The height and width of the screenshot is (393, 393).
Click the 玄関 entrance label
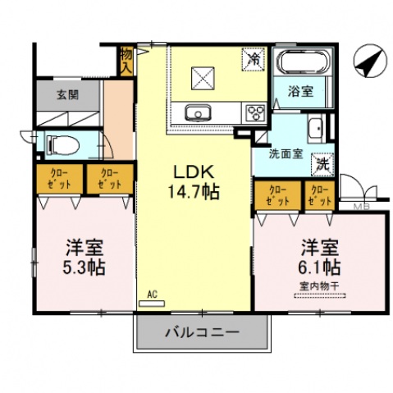(68, 94)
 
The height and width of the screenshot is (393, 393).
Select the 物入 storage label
(126, 61)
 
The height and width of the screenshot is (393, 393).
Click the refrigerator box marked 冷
(254, 60)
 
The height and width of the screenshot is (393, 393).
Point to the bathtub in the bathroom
(303, 63)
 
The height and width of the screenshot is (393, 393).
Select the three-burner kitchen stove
(254, 112)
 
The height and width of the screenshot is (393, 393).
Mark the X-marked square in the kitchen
(203, 78)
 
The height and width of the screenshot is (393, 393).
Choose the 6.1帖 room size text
(319, 266)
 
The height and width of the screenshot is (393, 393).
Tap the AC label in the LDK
(152, 293)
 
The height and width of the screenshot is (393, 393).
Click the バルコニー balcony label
(201, 333)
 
